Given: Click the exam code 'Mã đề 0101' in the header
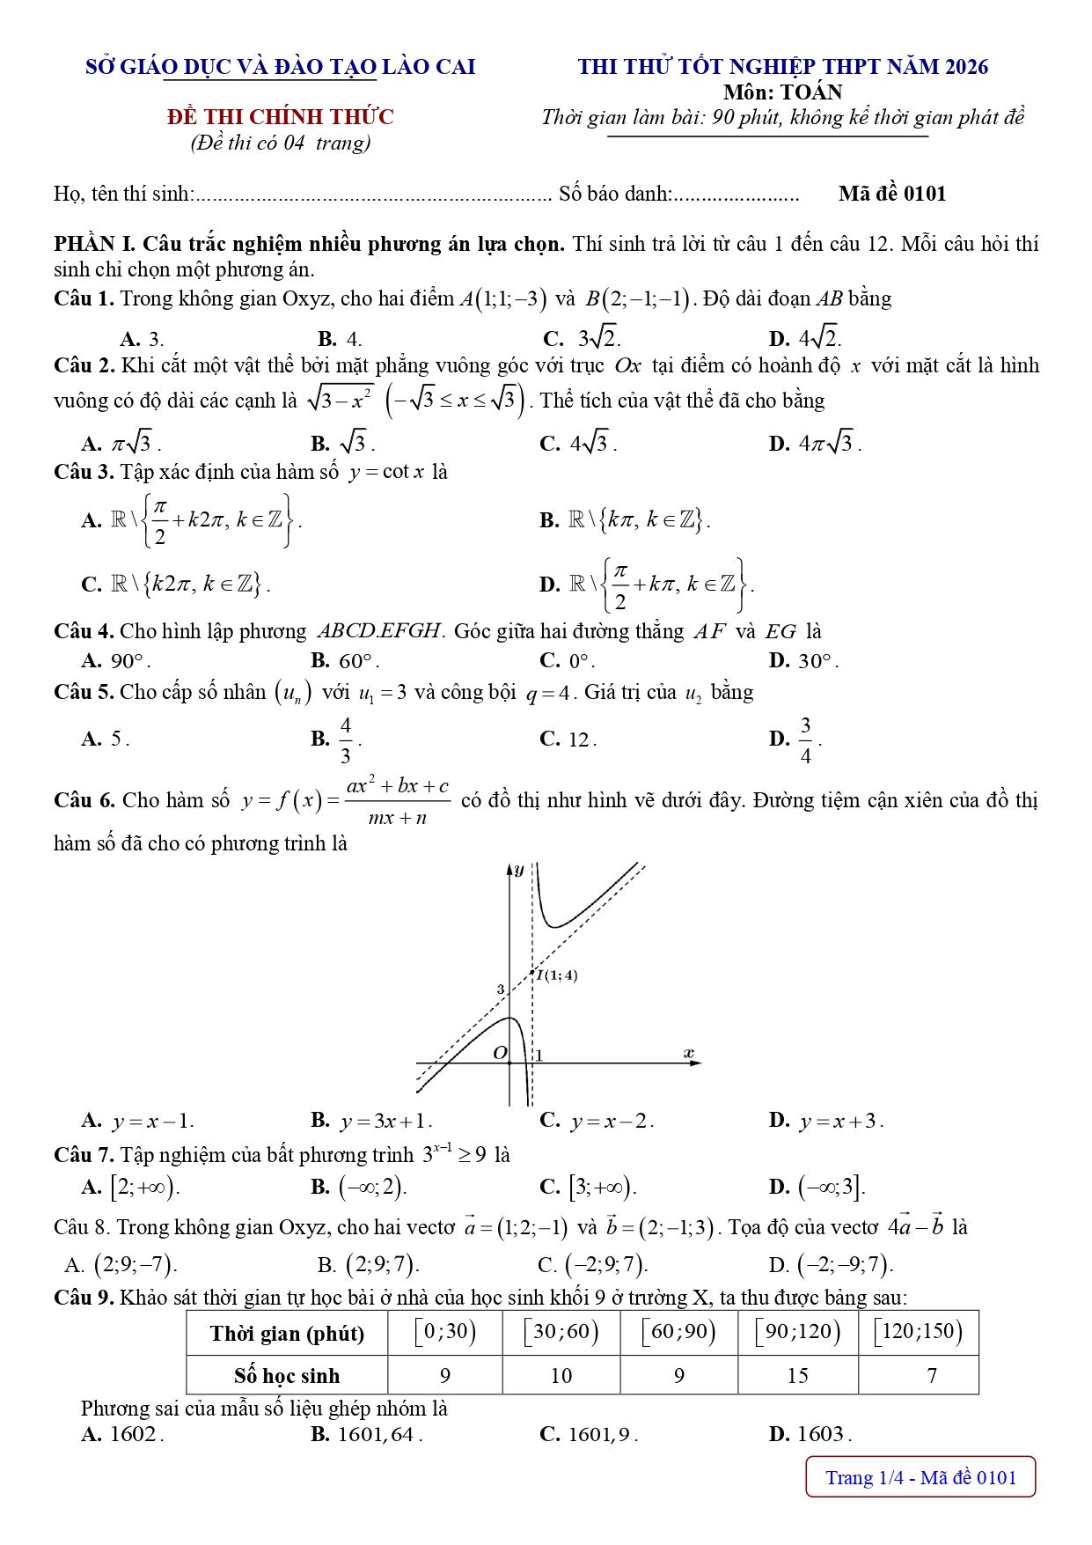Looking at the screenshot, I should coord(891,194).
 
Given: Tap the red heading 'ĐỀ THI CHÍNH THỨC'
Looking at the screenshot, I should coord(281,117).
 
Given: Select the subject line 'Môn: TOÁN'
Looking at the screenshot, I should coord(782,92).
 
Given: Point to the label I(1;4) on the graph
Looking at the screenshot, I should coord(558,975).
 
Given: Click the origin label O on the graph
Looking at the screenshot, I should coord(500,1053).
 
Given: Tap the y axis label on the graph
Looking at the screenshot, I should coord(518,870).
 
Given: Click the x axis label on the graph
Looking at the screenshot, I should coord(688,1053).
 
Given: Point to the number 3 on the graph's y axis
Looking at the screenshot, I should coord(500,990).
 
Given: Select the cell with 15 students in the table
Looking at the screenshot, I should coord(797,1375).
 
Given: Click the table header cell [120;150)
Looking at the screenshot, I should coord(918,1331).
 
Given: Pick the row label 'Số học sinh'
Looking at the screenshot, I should coord(287,1375).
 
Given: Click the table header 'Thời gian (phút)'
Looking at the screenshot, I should coord(287,1333).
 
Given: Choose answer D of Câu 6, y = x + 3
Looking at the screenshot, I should coord(827,1121).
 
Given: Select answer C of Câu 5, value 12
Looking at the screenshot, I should coord(569,739).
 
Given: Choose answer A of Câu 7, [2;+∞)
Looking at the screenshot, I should coord(132,1187).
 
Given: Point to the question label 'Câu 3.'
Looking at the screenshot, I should coord(84,472).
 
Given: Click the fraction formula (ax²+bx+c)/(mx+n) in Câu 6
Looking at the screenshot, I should coord(397,800).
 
